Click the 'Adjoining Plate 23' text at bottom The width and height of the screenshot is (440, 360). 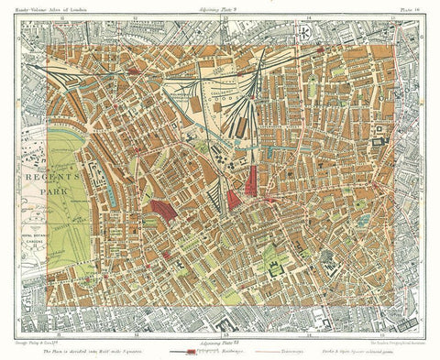pos(220,348)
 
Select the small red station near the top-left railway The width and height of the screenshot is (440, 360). pos(135,70)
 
